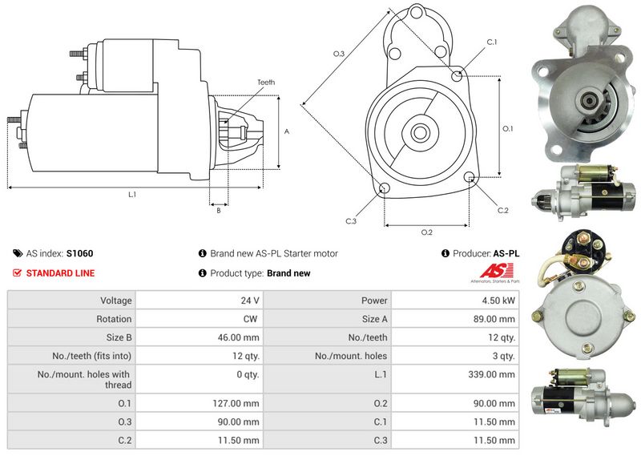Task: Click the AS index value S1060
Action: click(79, 253)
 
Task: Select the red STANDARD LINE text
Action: click(61, 273)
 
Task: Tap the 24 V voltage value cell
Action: click(250, 301)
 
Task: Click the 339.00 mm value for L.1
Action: click(491, 374)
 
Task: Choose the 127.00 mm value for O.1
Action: click(236, 403)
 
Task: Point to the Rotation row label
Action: click(114, 319)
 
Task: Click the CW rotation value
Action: click(250, 319)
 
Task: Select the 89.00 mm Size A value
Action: click(494, 319)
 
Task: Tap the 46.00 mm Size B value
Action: click(238, 337)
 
